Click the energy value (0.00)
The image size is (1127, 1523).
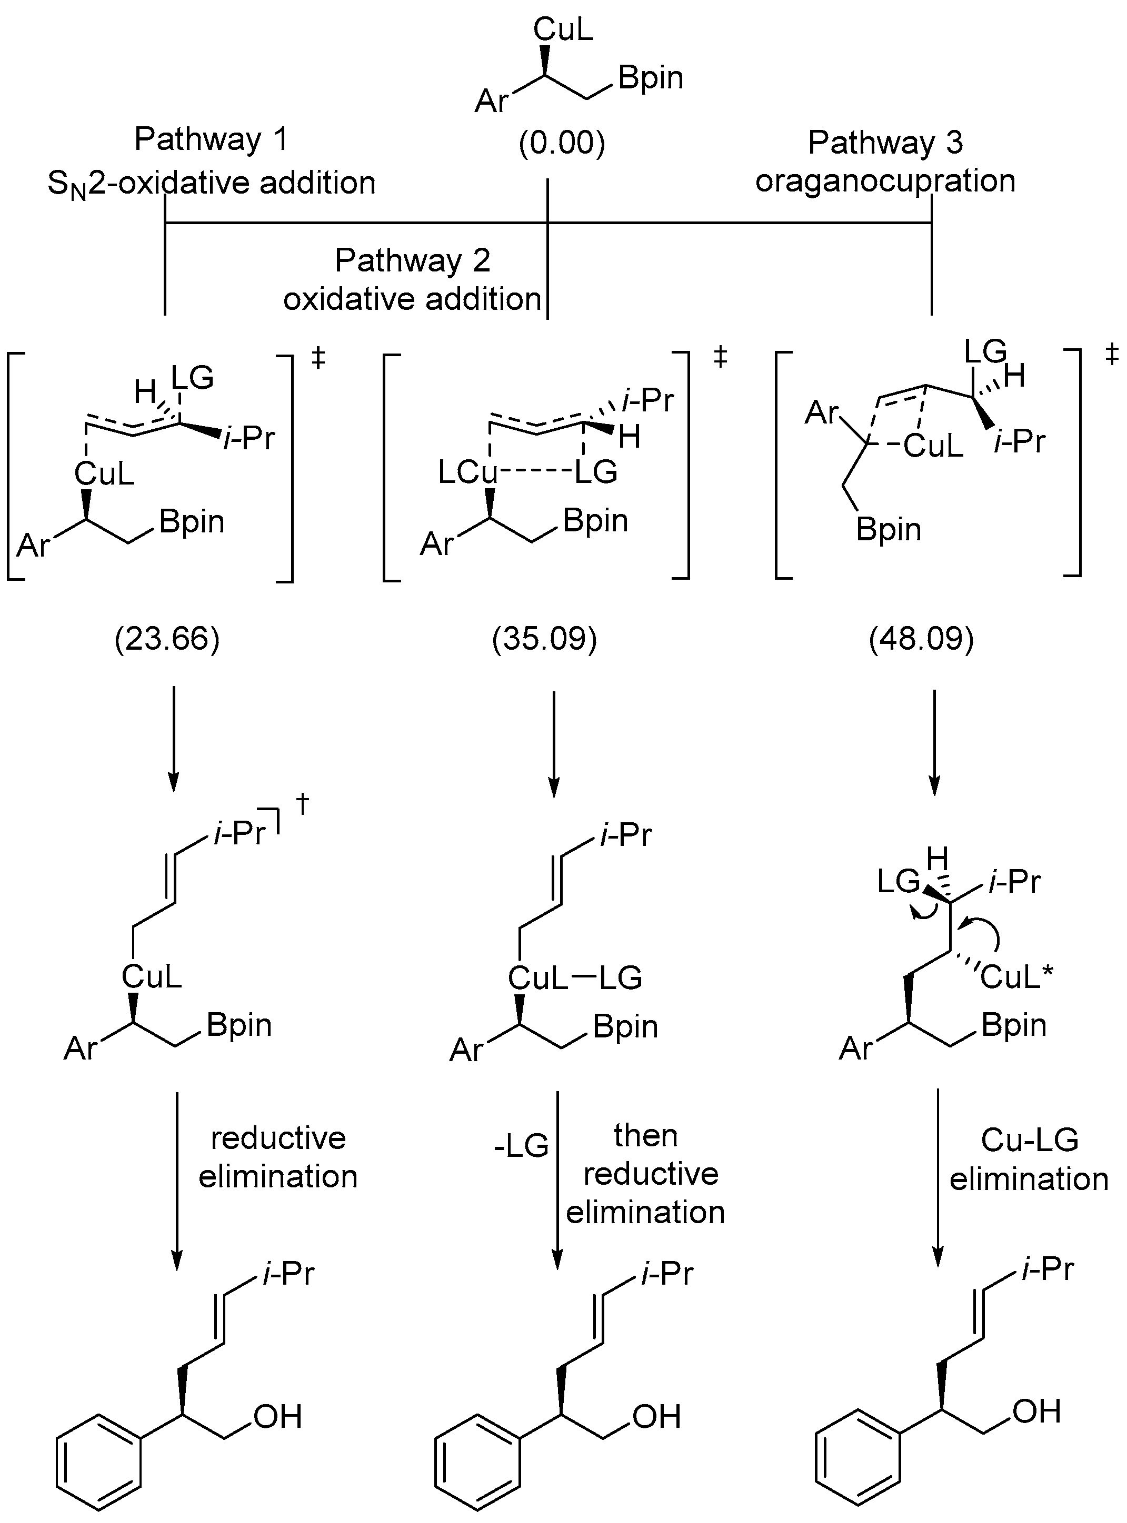pyautogui.click(x=562, y=144)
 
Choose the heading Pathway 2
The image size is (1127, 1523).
pyautogui.click(x=413, y=260)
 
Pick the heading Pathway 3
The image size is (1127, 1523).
pyautogui.click(x=885, y=142)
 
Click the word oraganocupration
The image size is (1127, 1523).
pyautogui.click(x=885, y=180)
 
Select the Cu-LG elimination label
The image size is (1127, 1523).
pyautogui.click(x=1029, y=1159)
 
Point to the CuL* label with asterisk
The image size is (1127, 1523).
pyautogui.click(x=1016, y=977)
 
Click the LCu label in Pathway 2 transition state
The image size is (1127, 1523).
pyautogui.click(x=467, y=472)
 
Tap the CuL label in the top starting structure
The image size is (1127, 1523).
pyautogui.click(x=563, y=29)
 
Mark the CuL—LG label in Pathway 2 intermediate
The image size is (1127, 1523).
pyautogui.click(x=574, y=979)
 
